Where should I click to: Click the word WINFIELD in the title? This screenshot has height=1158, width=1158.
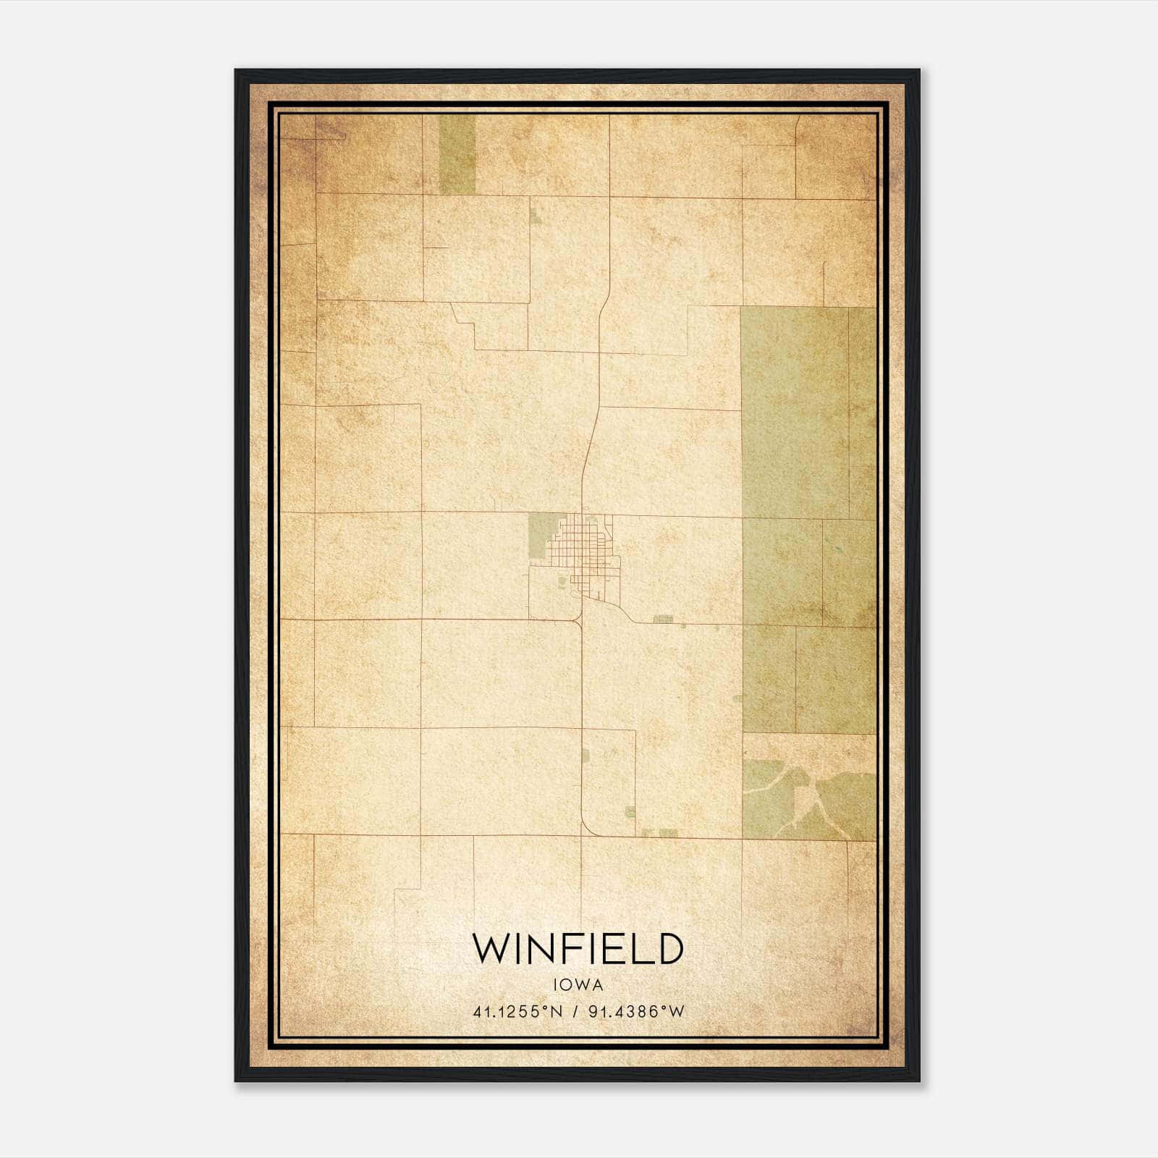(578, 949)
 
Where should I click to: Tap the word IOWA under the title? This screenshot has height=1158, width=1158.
(578, 984)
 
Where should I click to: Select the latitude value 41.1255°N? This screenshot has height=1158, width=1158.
(517, 1012)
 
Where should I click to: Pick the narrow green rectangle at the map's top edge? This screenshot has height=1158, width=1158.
(457, 153)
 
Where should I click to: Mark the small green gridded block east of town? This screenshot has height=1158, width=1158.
(663, 620)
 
